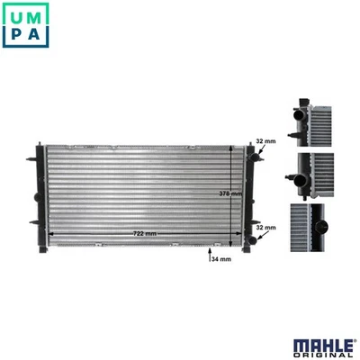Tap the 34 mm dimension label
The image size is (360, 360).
point(220,259)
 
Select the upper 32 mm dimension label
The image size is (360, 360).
point(265,141)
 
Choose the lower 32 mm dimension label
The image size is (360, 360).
point(265,229)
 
